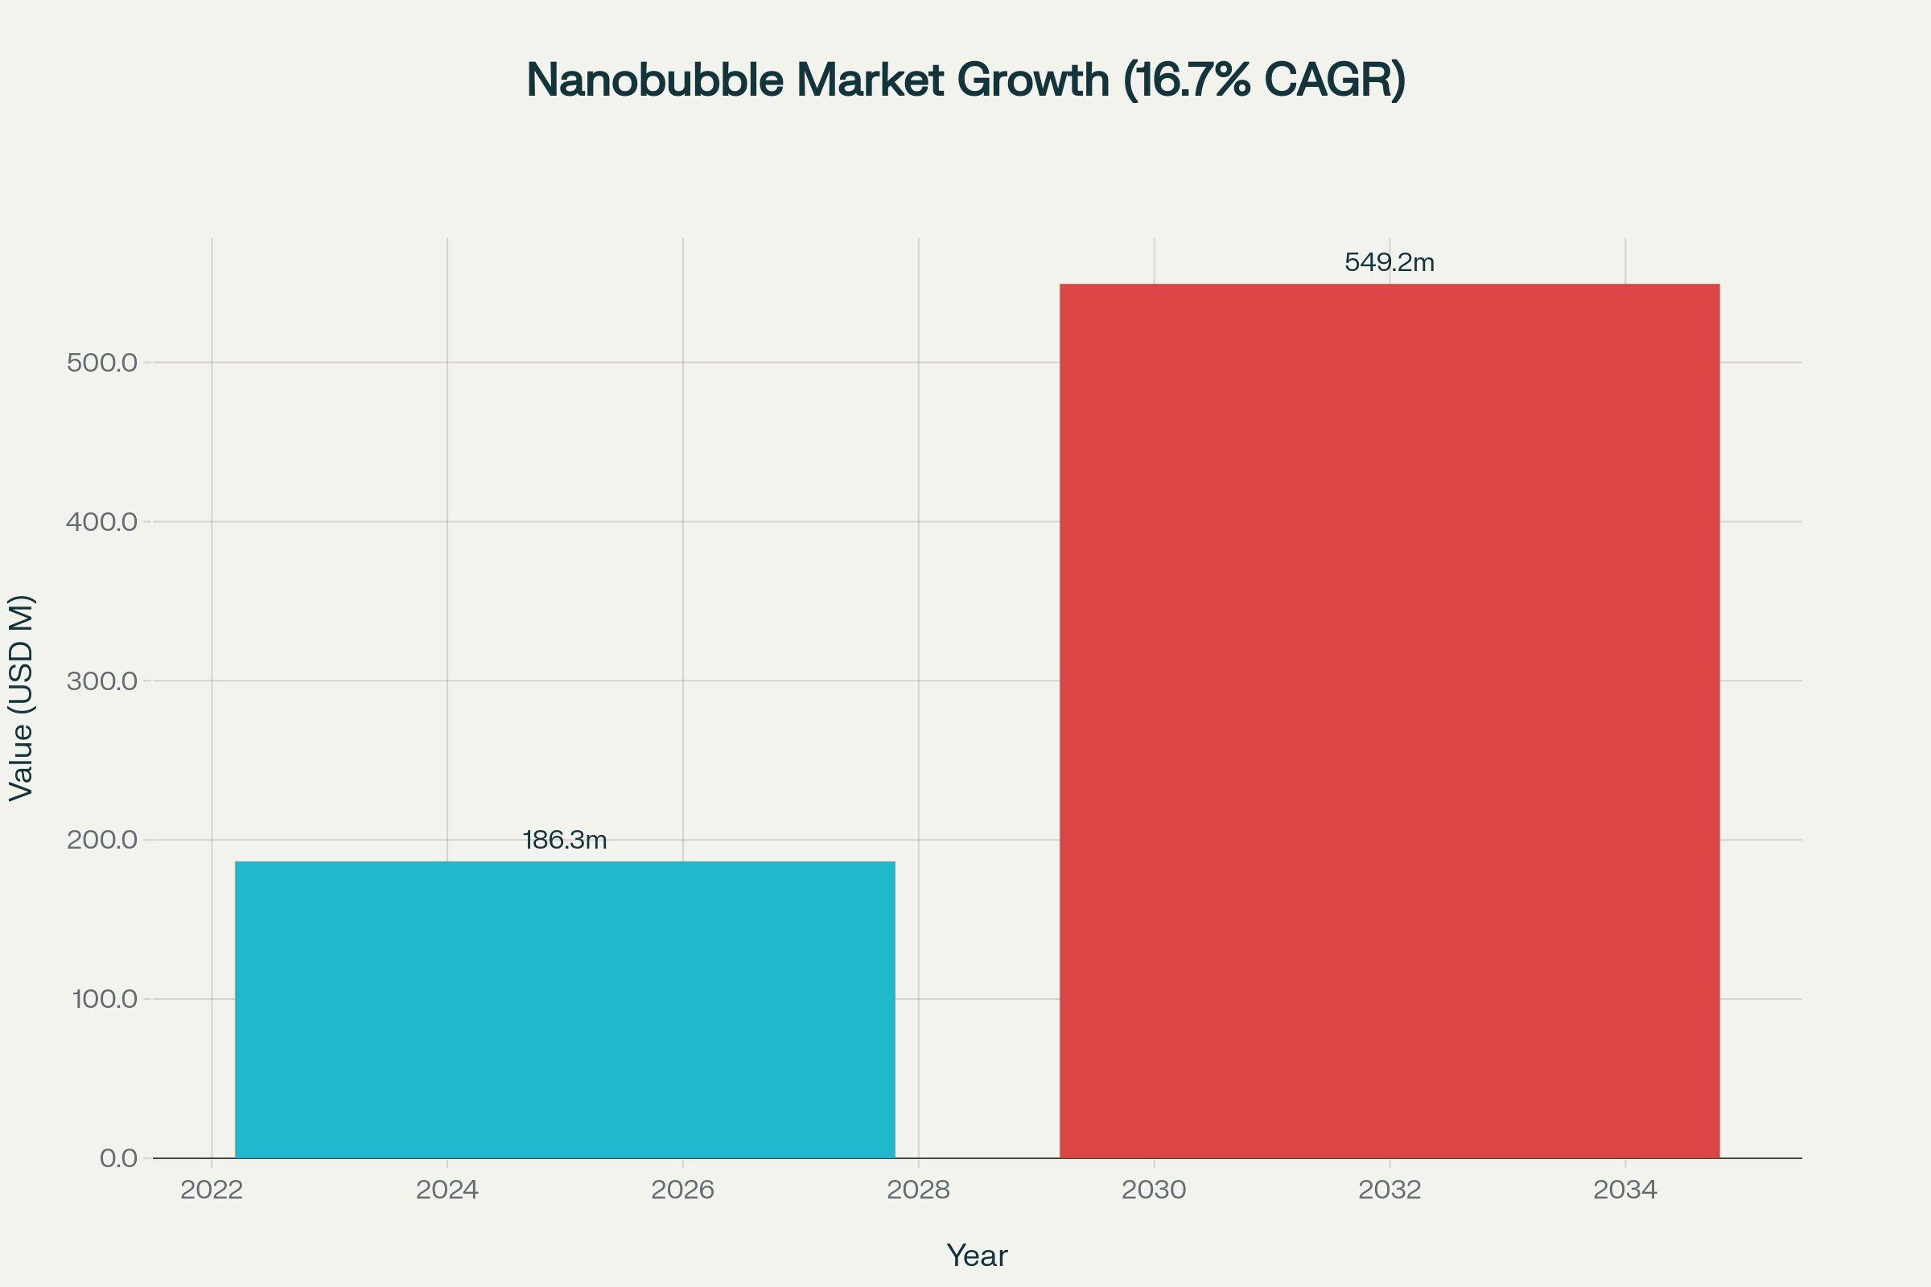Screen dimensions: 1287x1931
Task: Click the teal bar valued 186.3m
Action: click(565, 1009)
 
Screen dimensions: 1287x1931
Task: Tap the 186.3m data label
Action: click(565, 840)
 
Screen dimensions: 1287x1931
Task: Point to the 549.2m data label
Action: click(1390, 262)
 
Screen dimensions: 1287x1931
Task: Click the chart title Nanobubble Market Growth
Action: click(965, 80)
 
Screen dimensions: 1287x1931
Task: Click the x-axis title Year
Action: click(977, 1255)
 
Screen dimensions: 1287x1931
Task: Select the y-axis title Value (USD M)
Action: click(22, 697)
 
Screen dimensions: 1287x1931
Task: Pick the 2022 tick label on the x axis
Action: click(212, 1190)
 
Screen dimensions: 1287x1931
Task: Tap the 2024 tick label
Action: click(447, 1190)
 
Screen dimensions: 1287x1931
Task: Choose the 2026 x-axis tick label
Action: click(682, 1190)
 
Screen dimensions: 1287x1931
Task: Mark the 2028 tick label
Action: click(918, 1190)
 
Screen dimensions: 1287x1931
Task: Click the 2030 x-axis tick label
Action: click(1154, 1190)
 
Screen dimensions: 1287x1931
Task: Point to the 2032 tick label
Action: click(1390, 1190)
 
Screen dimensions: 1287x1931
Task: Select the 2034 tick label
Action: click(1624, 1190)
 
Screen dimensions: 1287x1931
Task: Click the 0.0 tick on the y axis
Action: click(118, 1158)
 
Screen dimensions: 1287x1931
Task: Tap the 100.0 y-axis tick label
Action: click(105, 999)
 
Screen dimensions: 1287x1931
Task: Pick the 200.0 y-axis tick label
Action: click(102, 840)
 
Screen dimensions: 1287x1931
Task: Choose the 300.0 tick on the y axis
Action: click(102, 681)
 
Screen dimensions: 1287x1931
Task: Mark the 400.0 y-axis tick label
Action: click(102, 521)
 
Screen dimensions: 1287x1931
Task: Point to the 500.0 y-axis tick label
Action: click(102, 362)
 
